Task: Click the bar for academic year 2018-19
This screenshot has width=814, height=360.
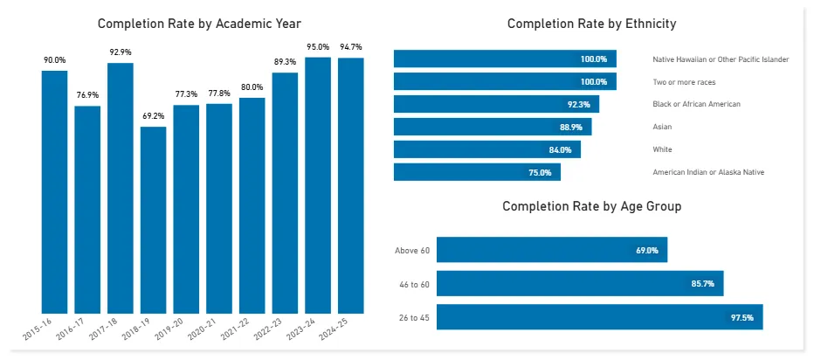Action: (153, 219)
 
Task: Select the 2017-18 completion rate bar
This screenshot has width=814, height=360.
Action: (120, 188)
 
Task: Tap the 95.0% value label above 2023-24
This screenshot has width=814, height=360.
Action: (318, 47)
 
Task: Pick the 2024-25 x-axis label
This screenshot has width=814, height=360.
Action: (347, 329)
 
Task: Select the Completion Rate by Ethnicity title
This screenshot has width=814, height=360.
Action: (591, 24)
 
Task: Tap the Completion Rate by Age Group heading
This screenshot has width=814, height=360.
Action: (591, 206)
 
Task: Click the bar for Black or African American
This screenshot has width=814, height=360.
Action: (495, 104)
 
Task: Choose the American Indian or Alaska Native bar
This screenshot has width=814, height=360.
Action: (477, 172)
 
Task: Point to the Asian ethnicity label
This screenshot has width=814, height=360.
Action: (663, 127)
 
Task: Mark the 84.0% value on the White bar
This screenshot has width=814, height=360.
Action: (560, 149)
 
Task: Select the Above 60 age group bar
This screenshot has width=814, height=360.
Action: (552, 250)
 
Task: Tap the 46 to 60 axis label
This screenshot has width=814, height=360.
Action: (412, 284)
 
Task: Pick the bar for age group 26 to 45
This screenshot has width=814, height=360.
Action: (599, 317)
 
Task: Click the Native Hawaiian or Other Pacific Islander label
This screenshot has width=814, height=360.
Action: (721, 59)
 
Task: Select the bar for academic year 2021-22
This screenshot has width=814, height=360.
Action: (252, 205)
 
